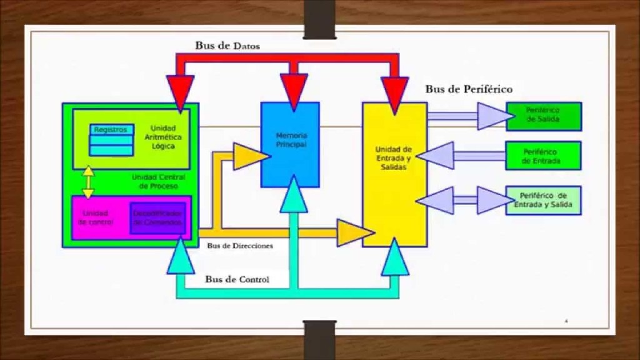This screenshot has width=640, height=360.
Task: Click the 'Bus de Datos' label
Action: [227, 46]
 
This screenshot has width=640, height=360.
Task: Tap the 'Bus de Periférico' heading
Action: [469, 89]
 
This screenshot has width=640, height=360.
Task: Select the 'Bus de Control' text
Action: [237, 279]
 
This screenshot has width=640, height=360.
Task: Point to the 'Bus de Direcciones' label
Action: [240, 246]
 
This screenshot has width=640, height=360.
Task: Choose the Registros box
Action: [111, 130]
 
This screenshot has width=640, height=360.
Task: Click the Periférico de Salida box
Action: [543, 116]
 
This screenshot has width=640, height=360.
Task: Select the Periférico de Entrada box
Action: [543, 156]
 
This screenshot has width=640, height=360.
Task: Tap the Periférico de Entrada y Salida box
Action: [543, 201]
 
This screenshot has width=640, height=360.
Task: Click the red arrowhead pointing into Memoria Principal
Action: [294, 87]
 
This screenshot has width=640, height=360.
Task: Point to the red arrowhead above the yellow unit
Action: [395, 94]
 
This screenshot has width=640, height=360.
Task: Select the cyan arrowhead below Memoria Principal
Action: [294, 195]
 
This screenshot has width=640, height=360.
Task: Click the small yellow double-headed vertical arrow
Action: [89, 182]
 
